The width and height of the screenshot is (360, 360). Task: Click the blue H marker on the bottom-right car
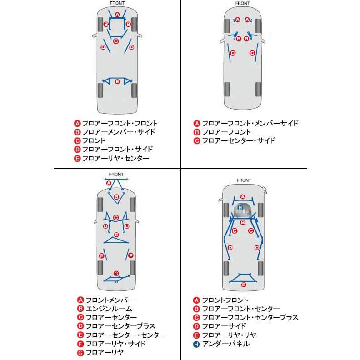coord(240,208)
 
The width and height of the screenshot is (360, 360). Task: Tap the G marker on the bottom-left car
coord(116,273)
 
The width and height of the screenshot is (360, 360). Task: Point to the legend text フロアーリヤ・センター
coord(115,158)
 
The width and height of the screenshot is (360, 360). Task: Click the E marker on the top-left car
coord(117,82)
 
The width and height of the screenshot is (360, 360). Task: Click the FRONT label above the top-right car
coord(242,3)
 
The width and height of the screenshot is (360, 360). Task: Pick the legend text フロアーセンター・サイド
coord(238,140)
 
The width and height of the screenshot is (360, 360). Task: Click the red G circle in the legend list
coord(80,352)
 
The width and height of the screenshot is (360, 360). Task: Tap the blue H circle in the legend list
coord(196,344)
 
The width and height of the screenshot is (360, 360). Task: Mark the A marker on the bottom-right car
coord(243,197)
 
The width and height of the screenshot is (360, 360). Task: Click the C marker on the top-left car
coord(116,41)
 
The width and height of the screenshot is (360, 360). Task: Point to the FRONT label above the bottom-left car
coord(116,174)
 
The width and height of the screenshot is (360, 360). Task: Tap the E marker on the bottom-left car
coord(116,235)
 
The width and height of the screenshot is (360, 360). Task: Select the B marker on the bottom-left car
coord(116,197)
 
